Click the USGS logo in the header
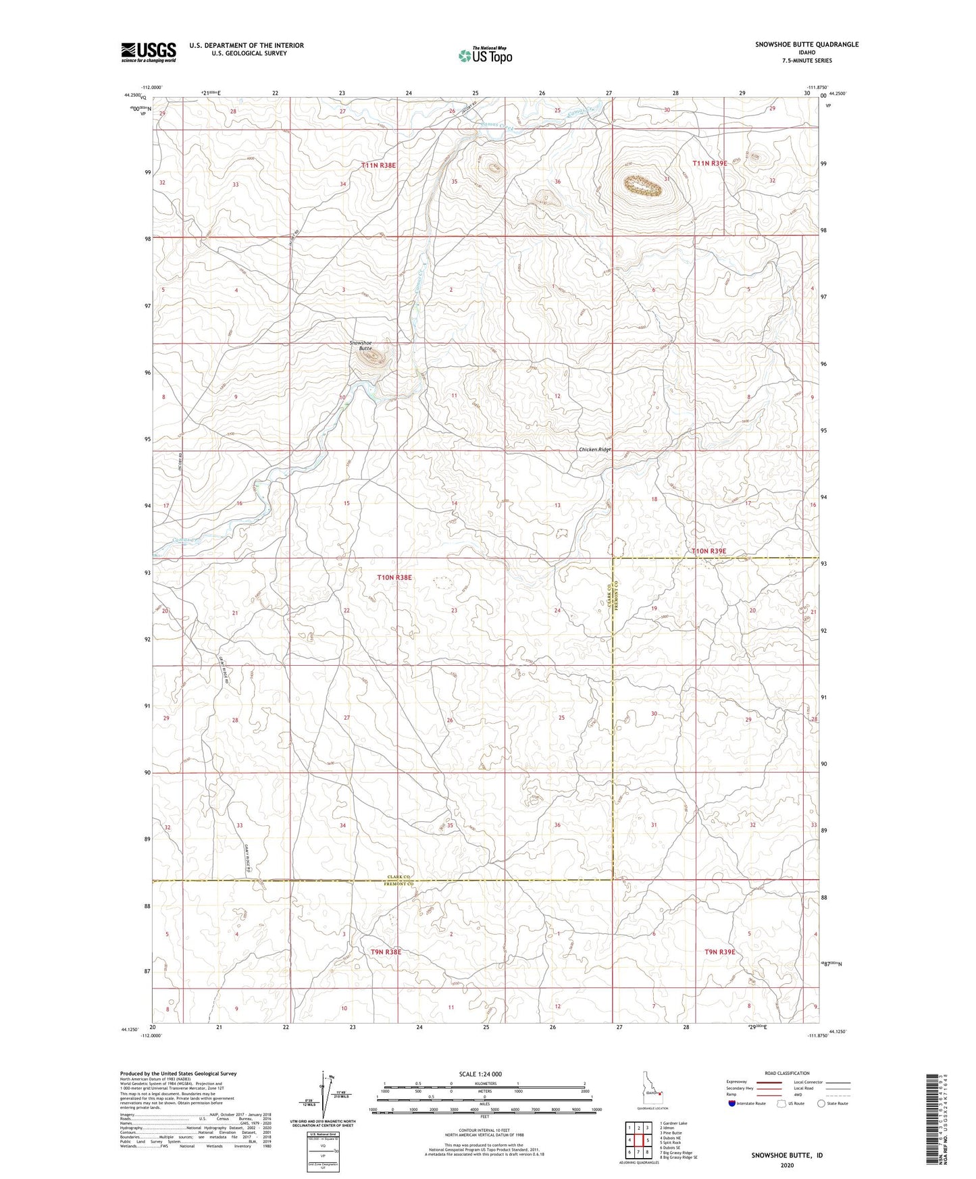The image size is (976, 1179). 149,51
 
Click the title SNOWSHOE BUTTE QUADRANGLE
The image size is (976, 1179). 806,45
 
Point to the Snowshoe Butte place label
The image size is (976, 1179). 361,345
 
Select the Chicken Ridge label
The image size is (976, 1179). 594,450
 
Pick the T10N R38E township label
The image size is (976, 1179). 394,577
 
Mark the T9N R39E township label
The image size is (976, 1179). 719,952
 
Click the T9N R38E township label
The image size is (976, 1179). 386,952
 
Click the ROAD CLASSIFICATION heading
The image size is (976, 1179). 787,1073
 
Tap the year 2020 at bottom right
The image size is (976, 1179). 787,1165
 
